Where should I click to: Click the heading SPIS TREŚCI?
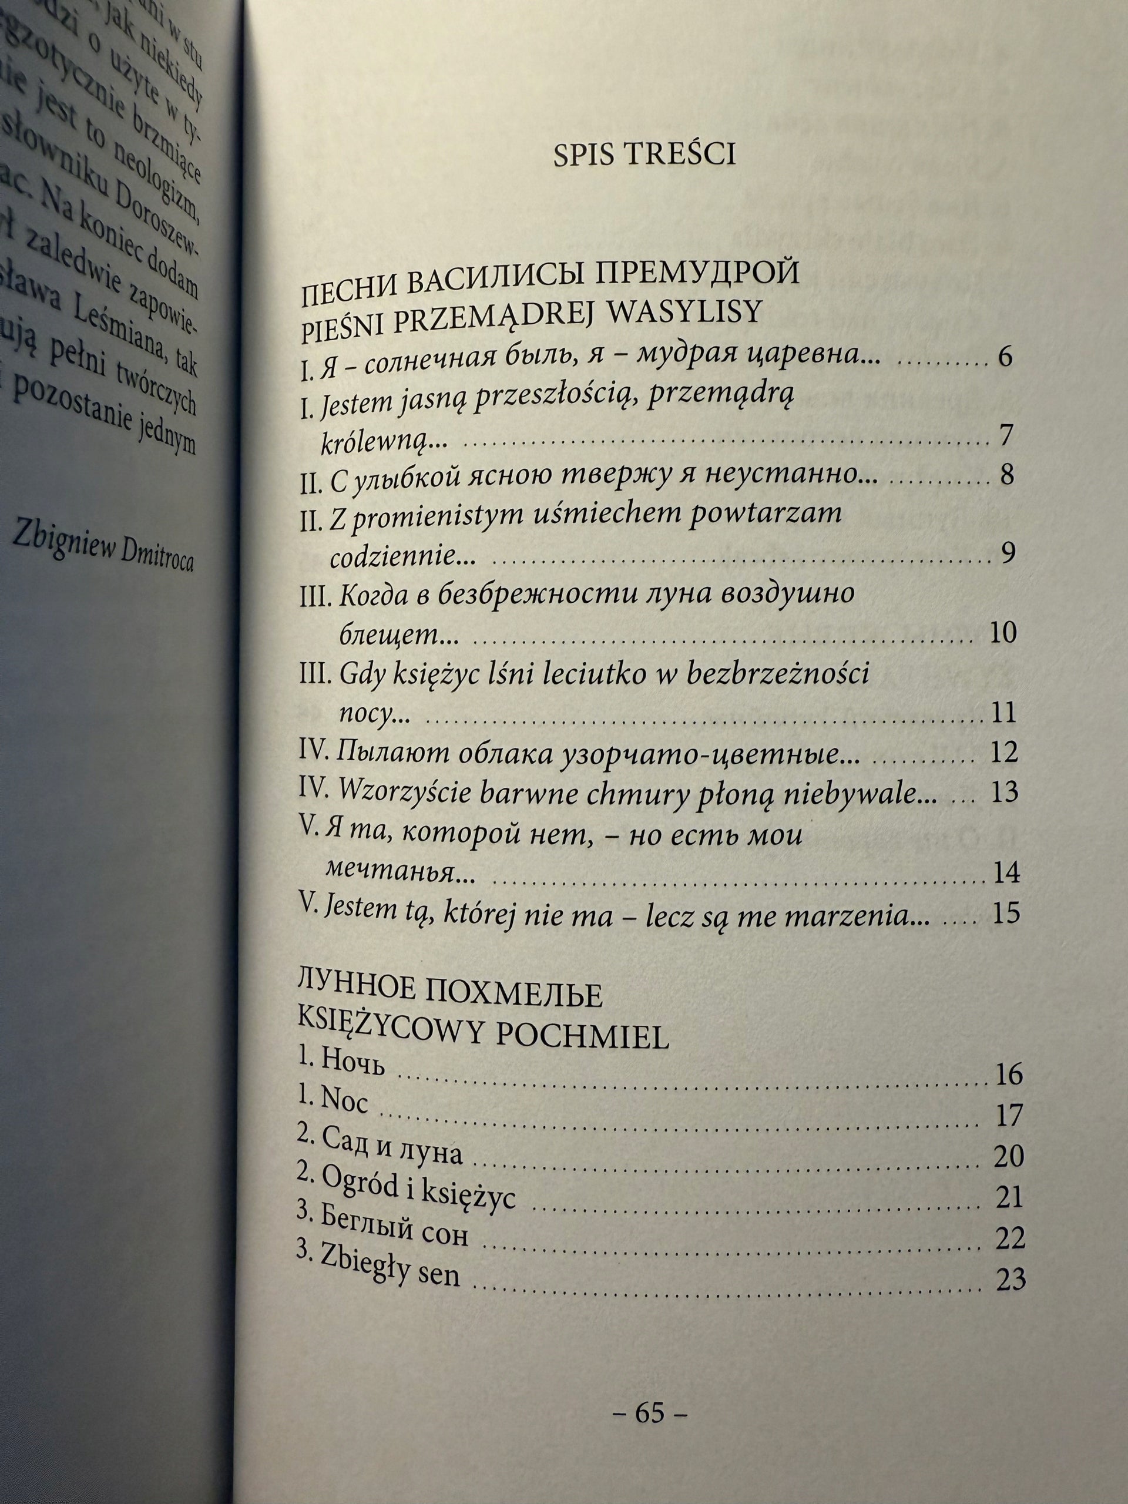644,157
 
